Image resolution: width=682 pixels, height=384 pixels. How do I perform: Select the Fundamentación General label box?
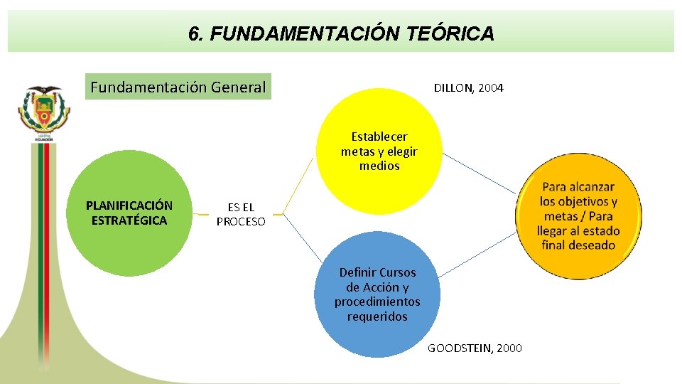178,87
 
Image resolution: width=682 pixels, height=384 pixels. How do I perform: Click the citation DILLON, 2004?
468,88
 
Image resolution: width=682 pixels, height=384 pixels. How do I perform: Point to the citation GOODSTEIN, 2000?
475,348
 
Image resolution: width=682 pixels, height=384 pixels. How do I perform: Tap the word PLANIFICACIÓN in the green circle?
129,206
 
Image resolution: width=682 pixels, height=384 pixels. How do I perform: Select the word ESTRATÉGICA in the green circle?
129,220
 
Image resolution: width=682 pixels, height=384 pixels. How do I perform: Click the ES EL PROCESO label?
241,214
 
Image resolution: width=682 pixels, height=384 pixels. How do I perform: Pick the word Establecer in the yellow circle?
379,137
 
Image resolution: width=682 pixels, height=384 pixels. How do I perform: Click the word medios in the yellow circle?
379,166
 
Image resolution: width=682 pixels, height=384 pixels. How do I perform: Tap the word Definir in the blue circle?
356,272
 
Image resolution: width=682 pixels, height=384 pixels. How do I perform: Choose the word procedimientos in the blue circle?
377,302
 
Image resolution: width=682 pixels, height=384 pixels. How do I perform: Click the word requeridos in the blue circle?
377,316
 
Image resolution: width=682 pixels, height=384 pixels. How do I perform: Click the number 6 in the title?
194,33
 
